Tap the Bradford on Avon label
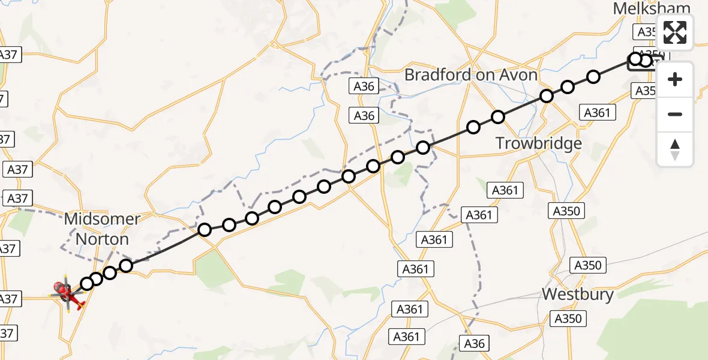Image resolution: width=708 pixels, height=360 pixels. [471, 74]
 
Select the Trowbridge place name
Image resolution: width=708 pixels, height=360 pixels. [538, 143]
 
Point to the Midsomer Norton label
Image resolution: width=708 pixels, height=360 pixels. [102, 229]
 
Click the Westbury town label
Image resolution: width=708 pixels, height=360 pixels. [578, 294]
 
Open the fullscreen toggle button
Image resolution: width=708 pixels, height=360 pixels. [675, 32]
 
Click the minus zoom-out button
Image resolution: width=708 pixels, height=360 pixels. [675, 114]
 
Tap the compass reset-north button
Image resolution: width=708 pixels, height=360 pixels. [675, 148]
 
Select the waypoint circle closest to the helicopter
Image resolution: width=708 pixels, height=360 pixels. [88, 283]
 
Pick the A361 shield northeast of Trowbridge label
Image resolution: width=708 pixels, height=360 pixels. [596, 112]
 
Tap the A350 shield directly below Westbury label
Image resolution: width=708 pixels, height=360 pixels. [568, 319]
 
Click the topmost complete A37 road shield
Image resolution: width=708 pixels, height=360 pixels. [10, 55]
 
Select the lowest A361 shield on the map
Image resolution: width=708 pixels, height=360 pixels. [406, 337]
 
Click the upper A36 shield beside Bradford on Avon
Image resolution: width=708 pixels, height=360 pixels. [364, 86]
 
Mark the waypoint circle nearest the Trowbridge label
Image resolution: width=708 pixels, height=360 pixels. [498, 117]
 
